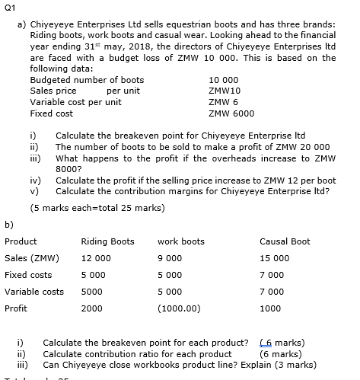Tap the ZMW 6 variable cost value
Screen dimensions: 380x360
[220, 101]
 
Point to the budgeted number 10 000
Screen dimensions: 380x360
[221, 79]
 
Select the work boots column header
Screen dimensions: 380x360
[180, 241]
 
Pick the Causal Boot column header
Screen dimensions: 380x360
[285, 241]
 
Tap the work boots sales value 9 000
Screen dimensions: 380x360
[170, 257]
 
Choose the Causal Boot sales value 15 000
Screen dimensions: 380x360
[275, 257]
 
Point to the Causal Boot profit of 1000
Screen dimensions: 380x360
[270, 308]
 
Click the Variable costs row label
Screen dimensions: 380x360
[34, 292]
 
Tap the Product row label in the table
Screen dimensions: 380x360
[21, 241]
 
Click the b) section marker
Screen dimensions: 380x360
[9, 224]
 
